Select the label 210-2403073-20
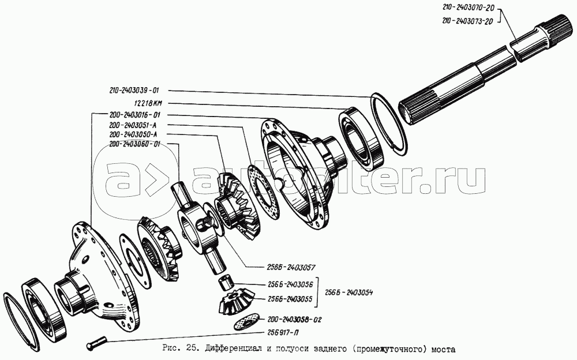[x=467, y=21]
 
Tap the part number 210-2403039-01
[x=134, y=91]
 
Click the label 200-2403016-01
[x=134, y=115]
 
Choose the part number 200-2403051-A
[x=134, y=125]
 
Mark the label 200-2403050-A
[x=134, y=134]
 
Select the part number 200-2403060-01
[x=134, y=144]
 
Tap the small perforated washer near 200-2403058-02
[x=248, y=322]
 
